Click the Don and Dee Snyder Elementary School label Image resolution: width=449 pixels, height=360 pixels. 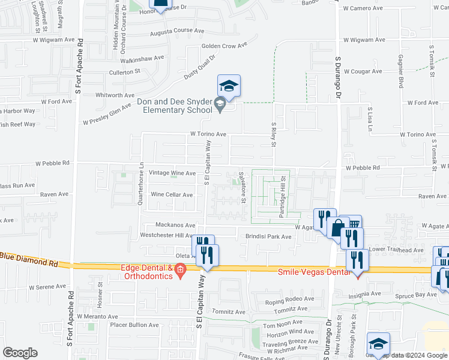tap(175, 106)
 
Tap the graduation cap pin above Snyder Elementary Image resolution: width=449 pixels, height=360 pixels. tap(229, 86)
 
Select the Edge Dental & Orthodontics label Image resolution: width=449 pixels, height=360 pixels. tap(147, 272)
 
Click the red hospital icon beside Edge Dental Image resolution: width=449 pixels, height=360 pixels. tap(179, 272)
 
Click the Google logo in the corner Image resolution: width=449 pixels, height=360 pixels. tap(20, 353)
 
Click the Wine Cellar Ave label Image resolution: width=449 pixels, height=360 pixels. tap(172, 194)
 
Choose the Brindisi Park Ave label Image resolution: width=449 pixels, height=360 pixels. tap(268, 236)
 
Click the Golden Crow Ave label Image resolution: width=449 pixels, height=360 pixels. tap(224, 46)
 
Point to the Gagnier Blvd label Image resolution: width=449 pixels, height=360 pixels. tap(400, 71)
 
